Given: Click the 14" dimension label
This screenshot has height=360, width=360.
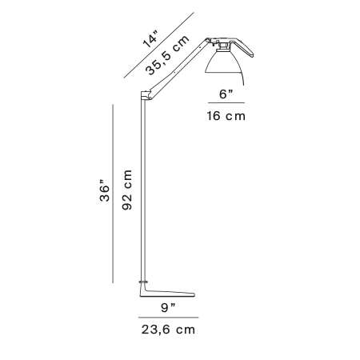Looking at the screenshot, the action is pos(150,39).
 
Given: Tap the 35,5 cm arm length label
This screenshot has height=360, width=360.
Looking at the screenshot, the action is pos(167,55).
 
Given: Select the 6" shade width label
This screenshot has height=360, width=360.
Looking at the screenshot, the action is pos(226,94).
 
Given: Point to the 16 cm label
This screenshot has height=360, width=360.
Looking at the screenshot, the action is pos(226,116).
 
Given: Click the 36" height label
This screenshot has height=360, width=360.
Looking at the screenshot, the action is pos(105,190).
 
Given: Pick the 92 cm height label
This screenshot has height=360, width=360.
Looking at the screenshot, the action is pos(127,190).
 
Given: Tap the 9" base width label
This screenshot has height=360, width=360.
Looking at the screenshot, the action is pos(168,308).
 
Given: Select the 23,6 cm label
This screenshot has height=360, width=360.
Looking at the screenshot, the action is pos(168,330).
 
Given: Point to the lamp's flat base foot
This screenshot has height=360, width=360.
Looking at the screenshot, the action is pos(167,291).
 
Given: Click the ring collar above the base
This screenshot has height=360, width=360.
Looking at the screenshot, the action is pos(144,282).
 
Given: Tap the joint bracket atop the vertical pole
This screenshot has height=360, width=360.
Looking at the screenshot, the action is pos(146,95).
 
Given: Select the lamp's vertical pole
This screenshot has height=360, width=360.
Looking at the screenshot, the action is pos(143,190).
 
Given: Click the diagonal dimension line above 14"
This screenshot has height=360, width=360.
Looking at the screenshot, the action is pos(159,46).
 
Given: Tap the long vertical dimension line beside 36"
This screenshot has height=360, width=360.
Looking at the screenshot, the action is pos(113,194).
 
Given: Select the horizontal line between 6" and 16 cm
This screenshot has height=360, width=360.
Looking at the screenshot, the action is pos(226,102).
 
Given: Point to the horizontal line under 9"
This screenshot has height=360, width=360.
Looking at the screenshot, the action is pos(168,318).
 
